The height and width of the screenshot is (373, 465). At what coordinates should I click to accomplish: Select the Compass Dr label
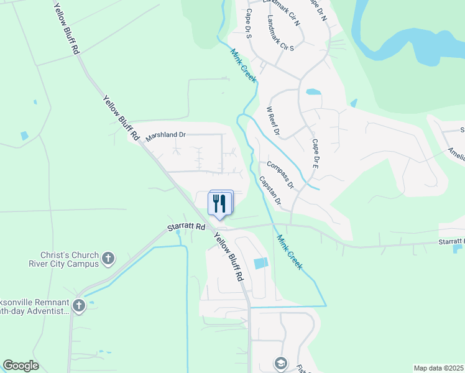pyautogui.click(x=280, y=175)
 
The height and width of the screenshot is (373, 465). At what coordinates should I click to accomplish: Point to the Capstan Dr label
pyautogui.click(x=270, y=192)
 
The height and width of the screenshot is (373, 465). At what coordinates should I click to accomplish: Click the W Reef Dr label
pyautogui.click(x=273, y=121)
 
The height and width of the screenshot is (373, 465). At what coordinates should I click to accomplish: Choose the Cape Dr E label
pyautogui.click(x=315, y=154)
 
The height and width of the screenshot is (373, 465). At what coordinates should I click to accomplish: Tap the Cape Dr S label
pyautogui.click(x=248, y=24)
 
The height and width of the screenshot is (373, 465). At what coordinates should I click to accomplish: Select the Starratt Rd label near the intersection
pyautogui.click(x=186, y=228)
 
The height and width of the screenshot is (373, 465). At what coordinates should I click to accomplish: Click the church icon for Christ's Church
pyautogui.click(x=108, y=258)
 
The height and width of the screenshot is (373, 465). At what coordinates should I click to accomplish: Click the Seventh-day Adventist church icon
pyautogui.click(x=78, y=305)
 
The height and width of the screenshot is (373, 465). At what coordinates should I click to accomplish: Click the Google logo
pyautogui.click(x=21, y=366)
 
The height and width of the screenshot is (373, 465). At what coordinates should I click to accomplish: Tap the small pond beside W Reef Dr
pyautogui.click(x=313, y=92)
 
